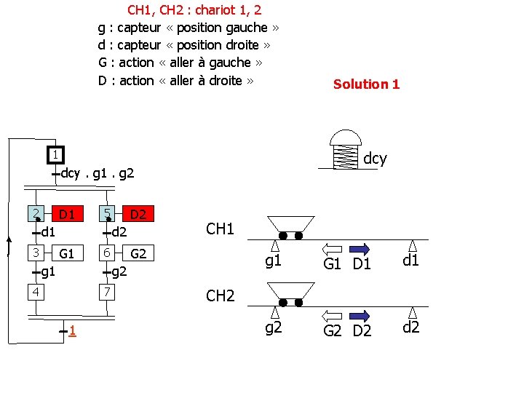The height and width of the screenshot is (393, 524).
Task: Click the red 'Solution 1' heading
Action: [366, 84]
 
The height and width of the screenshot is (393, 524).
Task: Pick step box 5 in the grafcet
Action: [107, 214]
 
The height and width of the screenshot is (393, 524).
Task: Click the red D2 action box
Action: [138, 214]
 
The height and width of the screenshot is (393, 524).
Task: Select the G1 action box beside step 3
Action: [66, 253]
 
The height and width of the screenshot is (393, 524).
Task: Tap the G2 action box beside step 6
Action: [138, 253]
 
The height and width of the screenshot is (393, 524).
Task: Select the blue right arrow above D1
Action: [362, 247]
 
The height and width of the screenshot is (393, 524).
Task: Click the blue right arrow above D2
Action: [362, 314]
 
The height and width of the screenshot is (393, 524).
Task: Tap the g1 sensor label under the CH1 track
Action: [273, 261]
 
